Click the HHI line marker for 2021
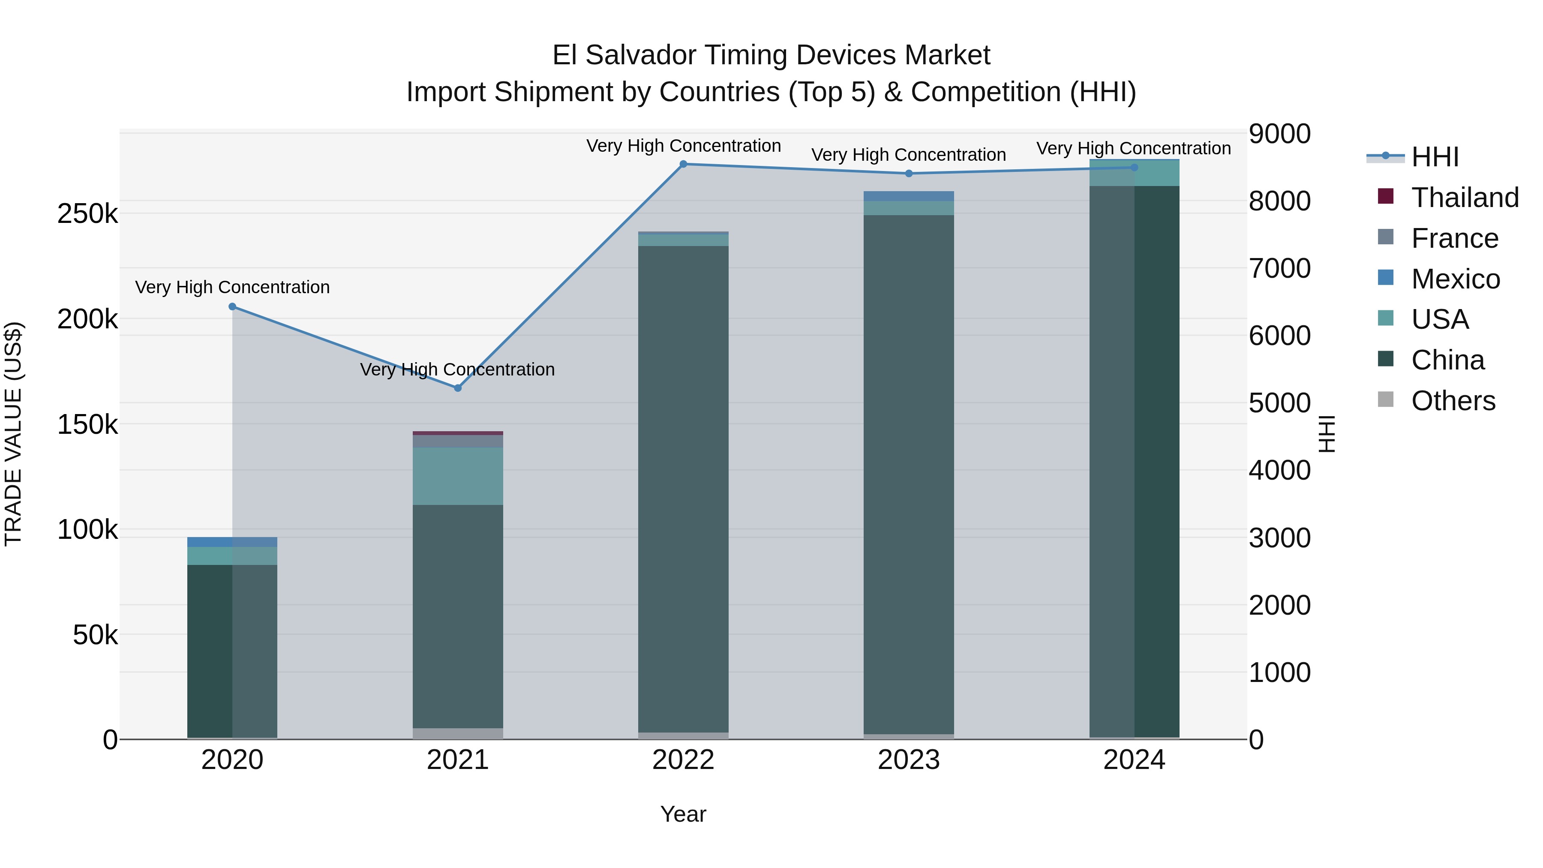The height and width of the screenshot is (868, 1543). click(458, 387)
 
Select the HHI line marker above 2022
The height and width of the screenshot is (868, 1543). click(684, 164)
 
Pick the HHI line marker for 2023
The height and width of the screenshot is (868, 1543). click(909, 174)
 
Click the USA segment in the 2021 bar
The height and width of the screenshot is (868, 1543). click(458, 476)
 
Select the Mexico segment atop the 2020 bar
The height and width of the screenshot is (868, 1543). click(232, 542)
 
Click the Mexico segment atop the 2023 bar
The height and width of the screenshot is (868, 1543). click(909, 196)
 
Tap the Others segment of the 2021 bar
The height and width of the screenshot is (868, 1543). click(458, 733)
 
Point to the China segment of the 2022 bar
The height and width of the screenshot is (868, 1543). click(684, 488)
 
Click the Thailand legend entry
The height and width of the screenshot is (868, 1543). click(1465, 198)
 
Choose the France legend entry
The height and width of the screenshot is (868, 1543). click(1454, 238)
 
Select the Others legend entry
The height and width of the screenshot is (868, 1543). click(1453, 401)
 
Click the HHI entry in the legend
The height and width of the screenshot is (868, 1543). click(1435, 157)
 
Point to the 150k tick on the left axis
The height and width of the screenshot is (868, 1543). click(87, 425)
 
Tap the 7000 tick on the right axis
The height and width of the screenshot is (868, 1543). click(1279, 268)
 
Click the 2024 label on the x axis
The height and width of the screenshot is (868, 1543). click(1134, 760)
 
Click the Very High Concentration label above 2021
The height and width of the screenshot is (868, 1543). click(458, 369)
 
